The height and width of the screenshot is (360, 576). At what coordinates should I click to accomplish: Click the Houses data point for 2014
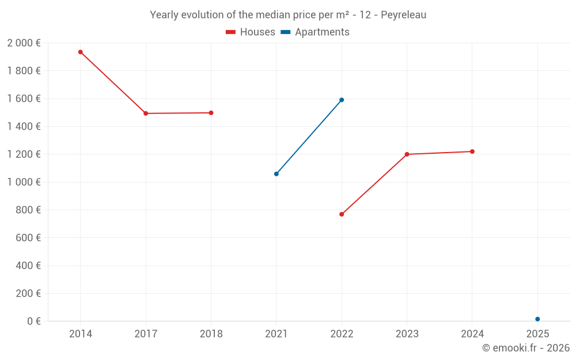coord(81,52)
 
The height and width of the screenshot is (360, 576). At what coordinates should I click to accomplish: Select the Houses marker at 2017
coord(146,113)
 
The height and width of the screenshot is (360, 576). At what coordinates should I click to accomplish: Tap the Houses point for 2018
coord(211,113)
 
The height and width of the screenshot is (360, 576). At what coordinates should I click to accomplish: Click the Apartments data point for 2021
coord(276,174)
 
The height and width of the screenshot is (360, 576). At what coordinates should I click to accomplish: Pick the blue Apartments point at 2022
coord(342,100)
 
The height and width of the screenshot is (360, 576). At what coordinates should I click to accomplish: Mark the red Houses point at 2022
coord(342,214)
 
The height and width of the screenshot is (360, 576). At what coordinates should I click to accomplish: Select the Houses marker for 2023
coord(407,154)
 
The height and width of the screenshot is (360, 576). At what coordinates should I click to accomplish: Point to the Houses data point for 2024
coord(472,151)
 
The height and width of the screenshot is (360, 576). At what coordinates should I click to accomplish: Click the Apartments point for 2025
coord(537,319)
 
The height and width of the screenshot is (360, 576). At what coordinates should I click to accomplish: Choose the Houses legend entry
coord(251,32)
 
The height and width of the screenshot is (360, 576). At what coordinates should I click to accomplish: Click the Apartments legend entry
coord(315,32)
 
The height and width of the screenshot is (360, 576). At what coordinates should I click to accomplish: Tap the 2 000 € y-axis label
coord(24,43)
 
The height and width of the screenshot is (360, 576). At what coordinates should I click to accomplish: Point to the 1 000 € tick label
coord(24,182)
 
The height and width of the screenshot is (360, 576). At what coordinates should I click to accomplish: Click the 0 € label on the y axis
coord(34,321)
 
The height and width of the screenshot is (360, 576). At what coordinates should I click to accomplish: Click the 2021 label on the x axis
coord(276,334)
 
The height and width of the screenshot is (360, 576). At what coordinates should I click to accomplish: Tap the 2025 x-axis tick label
coord(537,334)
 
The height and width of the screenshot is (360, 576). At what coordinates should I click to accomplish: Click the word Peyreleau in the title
coord(403,15)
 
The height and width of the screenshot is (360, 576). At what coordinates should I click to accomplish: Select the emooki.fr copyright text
coord(526,348)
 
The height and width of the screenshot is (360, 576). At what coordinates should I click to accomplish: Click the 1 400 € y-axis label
coord(24,127)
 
